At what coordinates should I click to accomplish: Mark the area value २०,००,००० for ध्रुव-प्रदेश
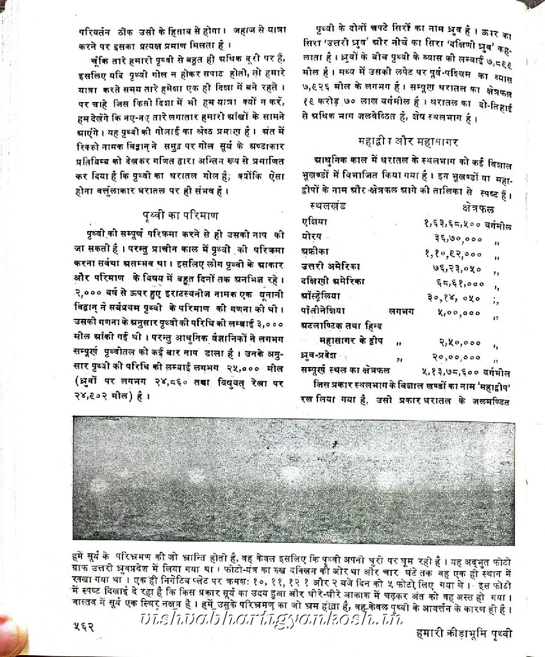(x=456, y=357)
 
